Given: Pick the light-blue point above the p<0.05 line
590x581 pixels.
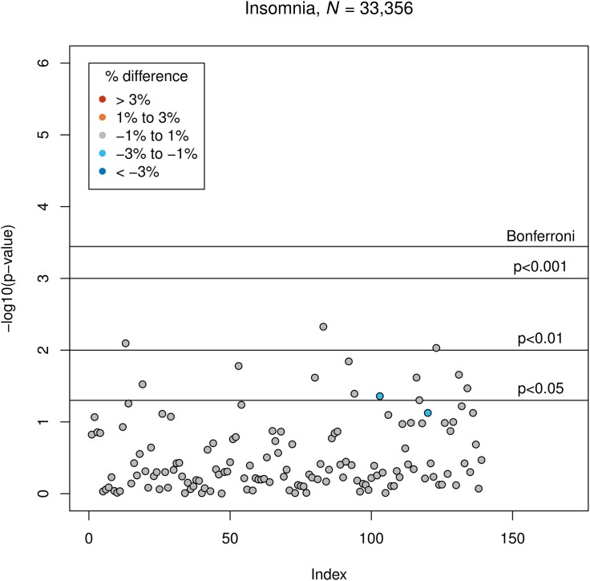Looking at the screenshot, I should tap(380, 396).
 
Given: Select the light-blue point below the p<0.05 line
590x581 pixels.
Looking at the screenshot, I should tap(428, 412).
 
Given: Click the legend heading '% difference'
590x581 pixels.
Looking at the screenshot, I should tap(147, 76).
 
